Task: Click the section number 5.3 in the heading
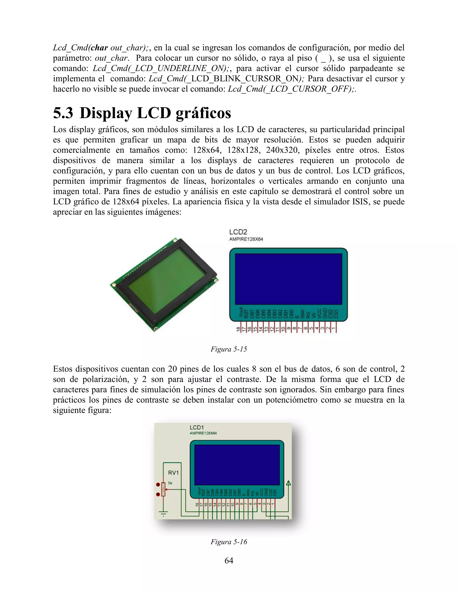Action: pyautogui.click(x=63, y=113)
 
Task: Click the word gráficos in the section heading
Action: pyautogui.click(x=203, y=113)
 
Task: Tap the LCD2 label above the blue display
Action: pyautogui.click(x=238, y=232)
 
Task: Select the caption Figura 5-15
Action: pyautogui.click(x=229, y=349)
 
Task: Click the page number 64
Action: pyautogui.click(x=229, y=561)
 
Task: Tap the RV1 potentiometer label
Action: pyautogui.click(x=173, y=473)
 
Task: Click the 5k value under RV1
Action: pyautogui.click(x=170, y=483)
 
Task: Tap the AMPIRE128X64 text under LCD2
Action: pyautogui.click(x=246, y=239)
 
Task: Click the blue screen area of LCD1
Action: pyautogui.click(x=237, y=465)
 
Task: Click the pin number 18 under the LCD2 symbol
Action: pyautogui.click(x=238, y=329)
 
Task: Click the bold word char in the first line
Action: pyautogui.click(x=99, y=48)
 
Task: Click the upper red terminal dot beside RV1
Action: pyautogui.click(x=158, y=484)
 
